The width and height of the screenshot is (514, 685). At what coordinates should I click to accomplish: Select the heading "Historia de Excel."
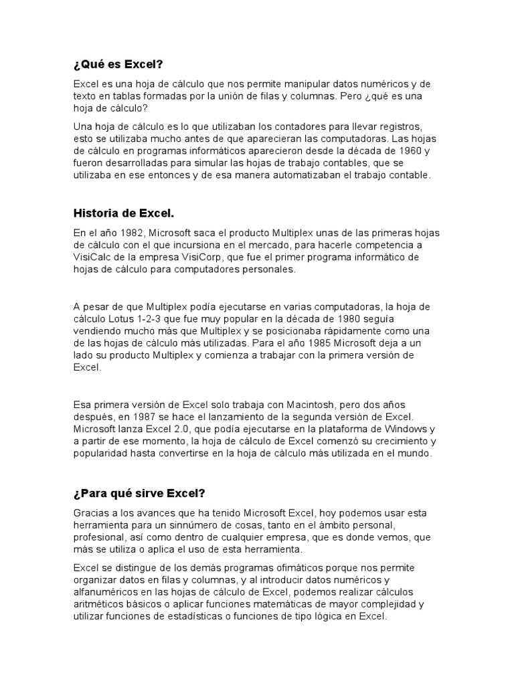click(x=123, y=213)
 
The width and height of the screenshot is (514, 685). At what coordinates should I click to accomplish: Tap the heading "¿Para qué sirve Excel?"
click(x=139, y=494)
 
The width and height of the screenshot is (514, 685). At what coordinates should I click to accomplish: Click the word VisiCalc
click(x=94, y=258)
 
